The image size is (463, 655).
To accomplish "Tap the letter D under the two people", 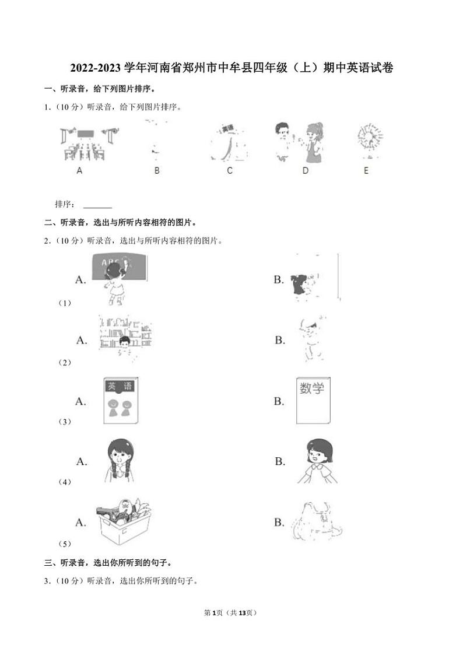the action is (306, 170).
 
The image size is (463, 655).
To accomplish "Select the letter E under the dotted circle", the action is (366, 170).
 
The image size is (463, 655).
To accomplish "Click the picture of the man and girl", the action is (299, 142).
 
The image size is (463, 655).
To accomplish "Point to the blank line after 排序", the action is (98, 207).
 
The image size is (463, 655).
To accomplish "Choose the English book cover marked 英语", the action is (121, 401).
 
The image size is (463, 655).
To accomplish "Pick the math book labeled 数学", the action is (313, 401).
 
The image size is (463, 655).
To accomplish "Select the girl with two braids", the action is (120, 461).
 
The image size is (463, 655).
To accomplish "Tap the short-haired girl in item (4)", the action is (318, 461).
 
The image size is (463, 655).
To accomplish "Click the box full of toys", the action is (124, 521).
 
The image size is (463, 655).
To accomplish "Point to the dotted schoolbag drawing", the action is (317, 521).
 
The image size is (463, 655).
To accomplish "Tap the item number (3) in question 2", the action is (65, 422).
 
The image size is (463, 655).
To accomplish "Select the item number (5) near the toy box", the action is (65, 544).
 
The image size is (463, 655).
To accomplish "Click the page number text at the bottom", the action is (230, 613).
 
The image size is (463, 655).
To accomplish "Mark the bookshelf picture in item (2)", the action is (125, 334).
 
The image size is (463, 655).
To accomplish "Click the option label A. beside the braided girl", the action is (82, 461).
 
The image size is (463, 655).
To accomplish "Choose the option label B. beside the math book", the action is (279, 401).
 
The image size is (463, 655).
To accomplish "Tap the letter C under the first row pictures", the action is (230, 170).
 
